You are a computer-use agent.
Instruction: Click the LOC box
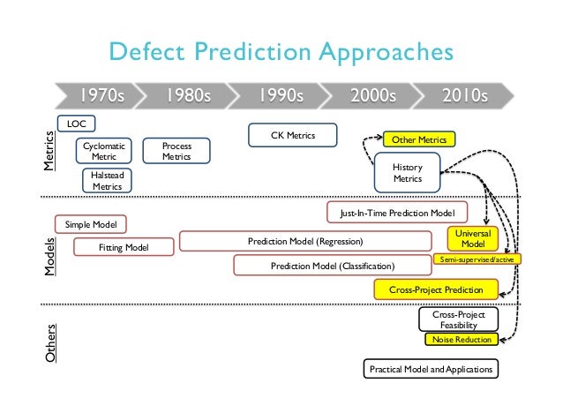coord(76,124)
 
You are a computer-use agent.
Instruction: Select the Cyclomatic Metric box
coord(104,150)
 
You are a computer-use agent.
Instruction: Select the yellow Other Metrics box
coord(418,139)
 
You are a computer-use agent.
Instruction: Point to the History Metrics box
coord(407,172)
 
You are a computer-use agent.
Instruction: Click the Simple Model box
coord(91,225)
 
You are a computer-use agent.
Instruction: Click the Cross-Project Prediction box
coord(436,289)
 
